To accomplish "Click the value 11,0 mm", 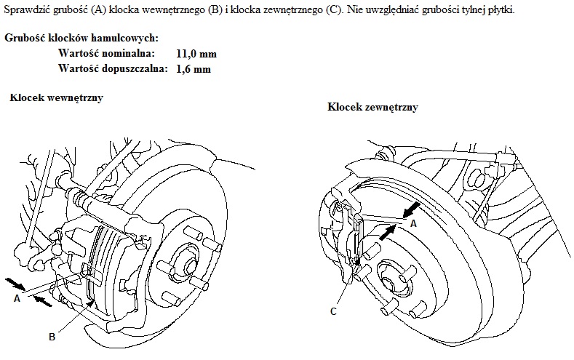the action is pyautogui.click(x=196, y=54).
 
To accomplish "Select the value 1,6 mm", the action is pyautogui.click(x=194, y=69).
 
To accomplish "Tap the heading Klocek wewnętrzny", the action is pyautogui.click(x=56, y=98).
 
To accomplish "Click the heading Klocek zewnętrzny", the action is pyautogui.click(x=372, y=107).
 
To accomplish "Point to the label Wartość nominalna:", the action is pyautogui.click(x=106, y=53).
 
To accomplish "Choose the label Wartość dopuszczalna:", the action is pyautogui.click(x=113, y=69).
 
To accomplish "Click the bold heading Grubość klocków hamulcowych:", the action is pyautogui.click(x=81, y=38).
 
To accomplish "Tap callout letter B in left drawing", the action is pyautogui.click(x=52, y=337).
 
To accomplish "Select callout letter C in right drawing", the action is pyautogui.click(x=333, y=312).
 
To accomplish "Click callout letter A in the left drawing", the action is pyautogui.click(x=17, y=298).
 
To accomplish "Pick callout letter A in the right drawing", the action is pyautogui.click(x=413, y=223).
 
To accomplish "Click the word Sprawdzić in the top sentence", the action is pyautogui.click(x=27, y=10).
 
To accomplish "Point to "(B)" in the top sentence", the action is pyautogui.click(x=215, y=10).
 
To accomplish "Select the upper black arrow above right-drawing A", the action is pyautogui.click(x=411, y=210).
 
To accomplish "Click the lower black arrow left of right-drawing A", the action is pyautogui.click(x=387, y=233).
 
